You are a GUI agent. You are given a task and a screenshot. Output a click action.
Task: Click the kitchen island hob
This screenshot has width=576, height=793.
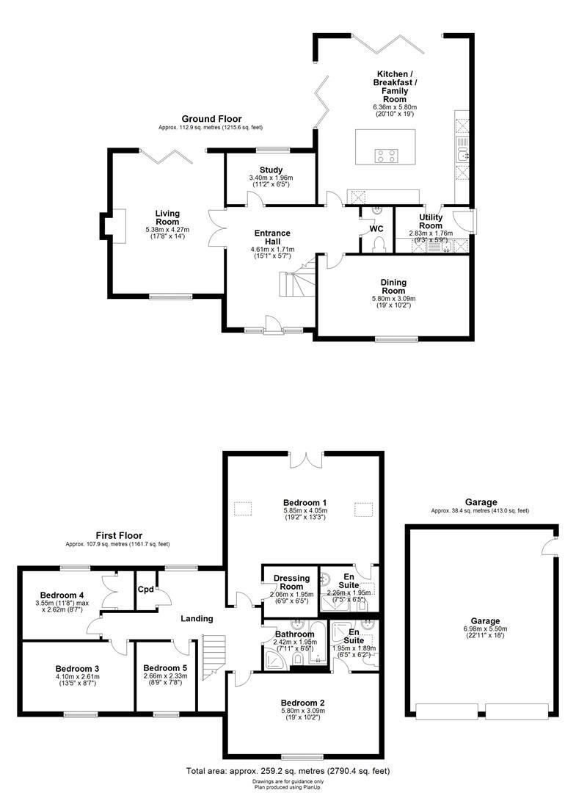tap(386, 155)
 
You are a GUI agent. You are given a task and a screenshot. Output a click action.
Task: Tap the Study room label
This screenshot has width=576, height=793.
tap(271, 170)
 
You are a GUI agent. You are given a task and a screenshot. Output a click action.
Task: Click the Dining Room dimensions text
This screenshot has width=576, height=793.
tap(393, 303)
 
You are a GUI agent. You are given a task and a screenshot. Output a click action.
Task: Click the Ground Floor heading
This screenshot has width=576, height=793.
tap(211, 119)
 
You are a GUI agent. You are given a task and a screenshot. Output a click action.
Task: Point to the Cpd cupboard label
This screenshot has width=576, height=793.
tap(146, 589)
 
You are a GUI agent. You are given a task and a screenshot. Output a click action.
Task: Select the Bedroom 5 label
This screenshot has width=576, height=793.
tap(166, 667)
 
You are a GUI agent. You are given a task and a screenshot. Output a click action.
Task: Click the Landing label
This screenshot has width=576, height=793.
tap(197, 619)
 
